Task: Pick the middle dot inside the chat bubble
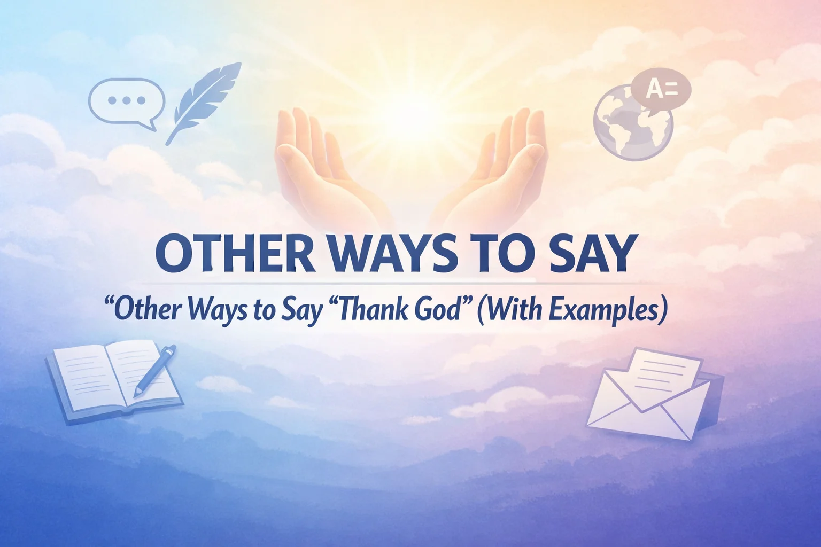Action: [x=126, y=100]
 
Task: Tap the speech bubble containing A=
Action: [x=661, y=89]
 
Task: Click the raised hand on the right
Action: [x=502, y=166]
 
